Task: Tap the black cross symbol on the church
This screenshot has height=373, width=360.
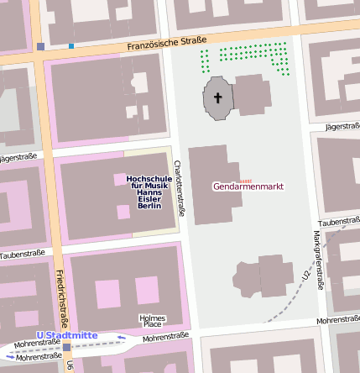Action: coord(218,98)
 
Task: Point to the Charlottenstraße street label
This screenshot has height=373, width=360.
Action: coord(178,193)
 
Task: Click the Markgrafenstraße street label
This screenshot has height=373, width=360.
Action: coord(319,260)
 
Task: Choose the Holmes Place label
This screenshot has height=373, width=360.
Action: coord(152,321)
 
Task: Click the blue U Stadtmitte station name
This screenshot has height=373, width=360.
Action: coord(67,335)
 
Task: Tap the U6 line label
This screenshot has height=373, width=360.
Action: coord(70,365)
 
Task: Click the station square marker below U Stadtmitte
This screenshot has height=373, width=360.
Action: coord(67,347)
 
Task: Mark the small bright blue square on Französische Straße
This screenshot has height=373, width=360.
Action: coord(71,45)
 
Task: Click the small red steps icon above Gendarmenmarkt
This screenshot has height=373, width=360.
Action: coord(245,180)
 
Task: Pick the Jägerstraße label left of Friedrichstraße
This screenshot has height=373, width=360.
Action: coord(20,157)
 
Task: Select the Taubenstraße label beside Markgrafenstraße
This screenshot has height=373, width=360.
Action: coord(339,221)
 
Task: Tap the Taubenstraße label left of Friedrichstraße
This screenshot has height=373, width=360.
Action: coord(22,254)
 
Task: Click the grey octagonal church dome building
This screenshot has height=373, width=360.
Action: coord(218,98)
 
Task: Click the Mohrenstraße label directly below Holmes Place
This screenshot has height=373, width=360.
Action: coord(165,337)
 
